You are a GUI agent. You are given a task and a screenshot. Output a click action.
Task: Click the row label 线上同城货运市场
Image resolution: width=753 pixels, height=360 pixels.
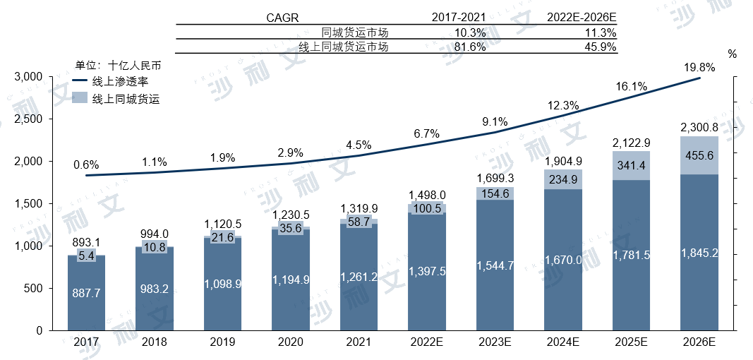point(343,47)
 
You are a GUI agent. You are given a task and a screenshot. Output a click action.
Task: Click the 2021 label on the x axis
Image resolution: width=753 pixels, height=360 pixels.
point(359,342)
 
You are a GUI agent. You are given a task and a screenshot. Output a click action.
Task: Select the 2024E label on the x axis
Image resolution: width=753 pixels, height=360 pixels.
point(562,342)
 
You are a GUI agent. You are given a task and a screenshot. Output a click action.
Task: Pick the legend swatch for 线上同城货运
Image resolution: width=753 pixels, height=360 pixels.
point(80,99)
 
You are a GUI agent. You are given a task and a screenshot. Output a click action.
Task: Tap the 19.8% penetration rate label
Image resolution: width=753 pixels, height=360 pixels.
point(699,68)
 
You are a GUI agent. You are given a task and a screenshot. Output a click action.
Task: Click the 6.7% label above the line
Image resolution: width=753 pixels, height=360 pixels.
point(426,133)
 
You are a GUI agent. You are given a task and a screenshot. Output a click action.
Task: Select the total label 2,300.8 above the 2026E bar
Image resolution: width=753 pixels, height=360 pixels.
point(699,128)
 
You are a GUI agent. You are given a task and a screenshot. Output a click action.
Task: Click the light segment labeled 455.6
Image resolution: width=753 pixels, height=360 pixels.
point(699,155)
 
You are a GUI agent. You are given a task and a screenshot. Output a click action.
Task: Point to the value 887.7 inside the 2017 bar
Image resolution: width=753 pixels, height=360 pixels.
point(87,293)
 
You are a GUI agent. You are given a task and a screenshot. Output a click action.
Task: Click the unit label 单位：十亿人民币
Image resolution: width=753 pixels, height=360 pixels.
point(119,66)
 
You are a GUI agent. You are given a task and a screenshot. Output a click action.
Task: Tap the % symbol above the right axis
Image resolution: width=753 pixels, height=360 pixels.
point(732,54)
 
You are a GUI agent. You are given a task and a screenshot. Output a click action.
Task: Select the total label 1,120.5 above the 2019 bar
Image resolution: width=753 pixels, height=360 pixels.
point(223,224)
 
